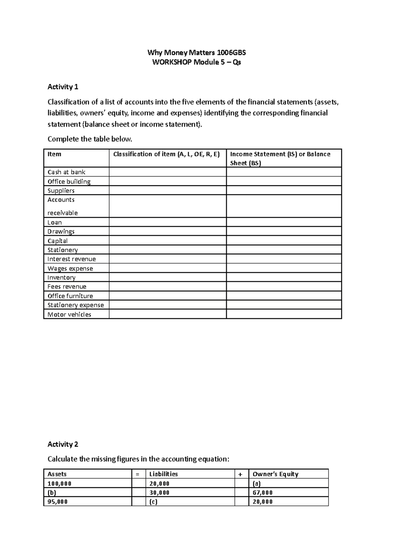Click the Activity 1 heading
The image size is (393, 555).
(x=63, y=87)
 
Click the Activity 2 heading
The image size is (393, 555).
(x=63, y=444)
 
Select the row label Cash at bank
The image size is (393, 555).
(x=66, y=172)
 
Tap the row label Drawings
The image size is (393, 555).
(x=61, y=231)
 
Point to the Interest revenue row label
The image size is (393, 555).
(x=71, y=259)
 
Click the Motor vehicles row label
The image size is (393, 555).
(x=69, y=314)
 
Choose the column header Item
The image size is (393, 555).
(x=54, y=154)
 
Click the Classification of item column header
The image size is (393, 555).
(x=166, y=154)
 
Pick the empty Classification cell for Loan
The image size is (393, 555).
(x=167, y=222)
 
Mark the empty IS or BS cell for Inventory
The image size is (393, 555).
(x=284, y=277)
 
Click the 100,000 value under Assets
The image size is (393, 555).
(x=59, y=483)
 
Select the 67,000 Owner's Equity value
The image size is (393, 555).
(x=262, y=493)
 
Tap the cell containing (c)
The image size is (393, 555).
(x=153, y=502)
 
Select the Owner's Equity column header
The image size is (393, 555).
(x=275, y=474)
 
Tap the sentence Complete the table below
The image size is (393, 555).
(x=90, y=139)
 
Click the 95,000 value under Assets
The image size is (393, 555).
(x=57, y=502)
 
